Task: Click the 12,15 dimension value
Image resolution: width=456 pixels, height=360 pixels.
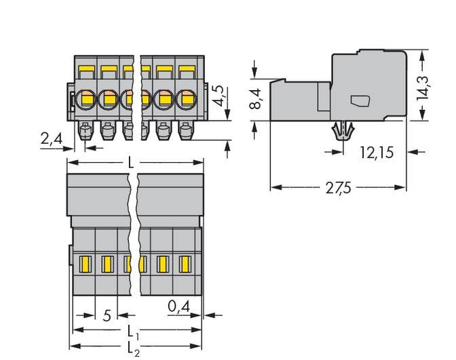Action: click(377, 153)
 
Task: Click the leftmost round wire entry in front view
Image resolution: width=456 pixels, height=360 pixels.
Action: click(87, 100)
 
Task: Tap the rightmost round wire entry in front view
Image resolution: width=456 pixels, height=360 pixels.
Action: click(185, 100)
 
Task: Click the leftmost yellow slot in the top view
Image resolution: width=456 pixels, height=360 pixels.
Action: click(85, 262)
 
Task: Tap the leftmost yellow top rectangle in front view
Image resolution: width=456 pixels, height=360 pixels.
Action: click(87, 70)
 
